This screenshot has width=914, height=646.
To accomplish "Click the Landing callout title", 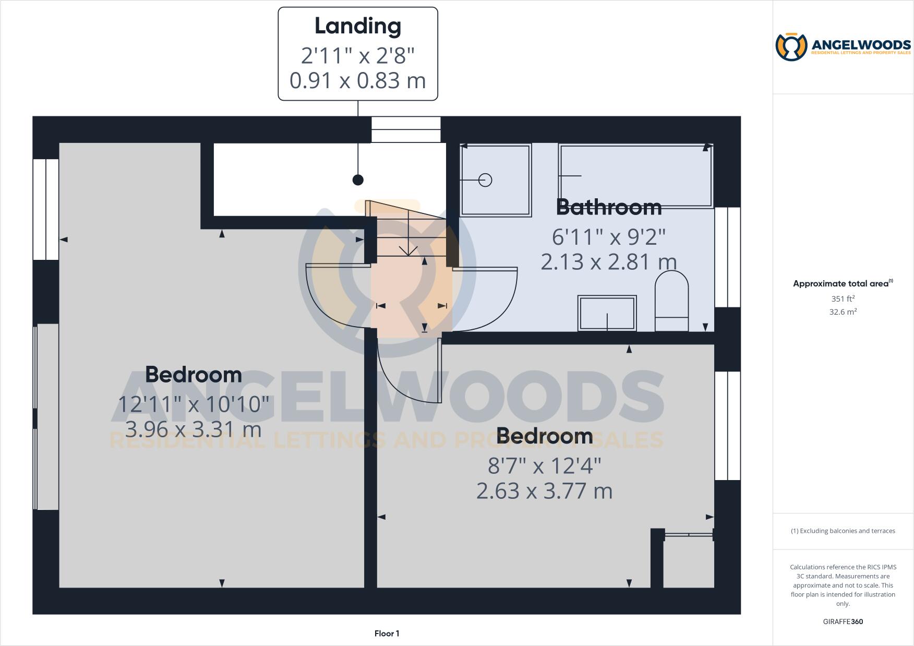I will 358,26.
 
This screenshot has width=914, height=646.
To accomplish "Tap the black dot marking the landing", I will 358,180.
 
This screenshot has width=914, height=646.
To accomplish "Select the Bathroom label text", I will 609,207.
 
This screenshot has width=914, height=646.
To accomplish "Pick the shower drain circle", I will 485,180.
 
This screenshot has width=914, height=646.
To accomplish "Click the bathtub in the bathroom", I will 635,176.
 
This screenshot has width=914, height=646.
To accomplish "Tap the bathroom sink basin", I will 607,313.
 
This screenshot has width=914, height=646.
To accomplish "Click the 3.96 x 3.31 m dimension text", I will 194,429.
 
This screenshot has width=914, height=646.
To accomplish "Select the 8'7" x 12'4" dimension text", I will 545,465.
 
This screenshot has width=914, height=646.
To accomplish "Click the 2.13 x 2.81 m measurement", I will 609,261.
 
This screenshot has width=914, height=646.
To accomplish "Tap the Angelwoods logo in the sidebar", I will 843,47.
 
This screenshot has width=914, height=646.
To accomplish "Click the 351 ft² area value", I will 843,299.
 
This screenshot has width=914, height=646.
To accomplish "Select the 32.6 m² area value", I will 843,312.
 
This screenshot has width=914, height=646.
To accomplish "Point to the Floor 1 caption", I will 387,633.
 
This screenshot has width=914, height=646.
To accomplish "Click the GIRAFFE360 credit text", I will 843,621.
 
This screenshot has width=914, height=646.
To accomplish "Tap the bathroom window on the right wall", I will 727,257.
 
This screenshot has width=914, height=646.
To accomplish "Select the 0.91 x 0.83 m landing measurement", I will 358,81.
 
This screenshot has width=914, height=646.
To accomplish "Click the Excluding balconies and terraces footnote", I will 843,531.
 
